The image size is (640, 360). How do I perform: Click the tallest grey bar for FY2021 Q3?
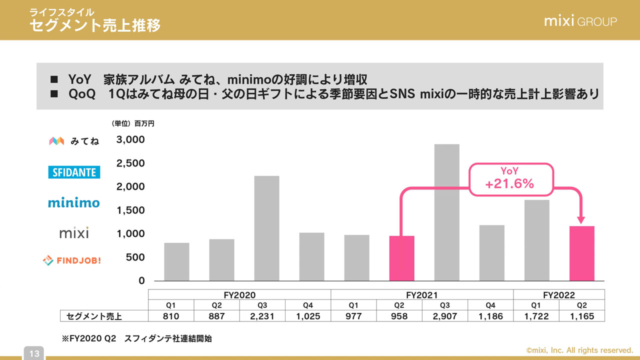tap(446, 212)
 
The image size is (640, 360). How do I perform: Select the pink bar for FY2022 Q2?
tap(582, 253)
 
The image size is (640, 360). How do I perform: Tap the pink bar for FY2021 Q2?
tap(401, 258)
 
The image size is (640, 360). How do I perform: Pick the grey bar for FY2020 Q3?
tap(266, 228)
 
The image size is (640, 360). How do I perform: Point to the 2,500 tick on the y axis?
tap(130, 163)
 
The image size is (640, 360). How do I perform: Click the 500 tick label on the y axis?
tap(134, 257)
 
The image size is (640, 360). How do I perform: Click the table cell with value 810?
tap(170, 316)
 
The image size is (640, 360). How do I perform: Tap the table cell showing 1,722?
tap(536, 316)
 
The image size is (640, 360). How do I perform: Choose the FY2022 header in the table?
tap(559, 295)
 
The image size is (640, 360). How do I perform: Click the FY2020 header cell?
tap(239, 295)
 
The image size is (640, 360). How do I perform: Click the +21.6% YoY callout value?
tap(509, 184)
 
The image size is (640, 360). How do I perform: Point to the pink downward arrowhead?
tap(581, 220)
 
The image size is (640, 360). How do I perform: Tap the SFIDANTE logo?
tap(74, 172)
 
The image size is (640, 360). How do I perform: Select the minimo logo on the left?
tap(74, 202)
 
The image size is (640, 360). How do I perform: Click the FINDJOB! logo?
tap(72, 260)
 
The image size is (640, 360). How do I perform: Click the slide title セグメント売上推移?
tap(95, 25)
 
